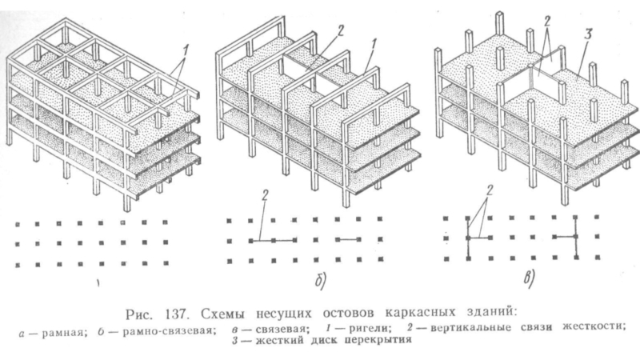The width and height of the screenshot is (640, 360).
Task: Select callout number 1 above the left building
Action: pos(186,50)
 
